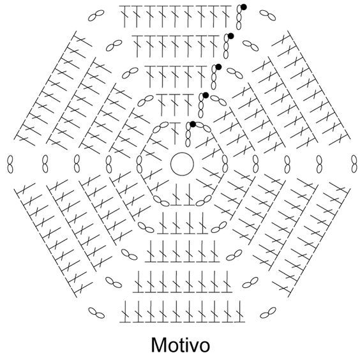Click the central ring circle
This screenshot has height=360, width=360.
pyautogui.click(x=182, y=153)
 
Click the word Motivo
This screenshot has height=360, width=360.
pyautogui.click(x=181, y=345)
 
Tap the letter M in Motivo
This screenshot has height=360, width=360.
pyautogui.click(x=159, y=345)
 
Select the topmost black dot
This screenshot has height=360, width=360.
pyautogui.click(x=244, y=8)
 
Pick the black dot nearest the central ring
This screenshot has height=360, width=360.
pyautogui.click(x=193, y=124)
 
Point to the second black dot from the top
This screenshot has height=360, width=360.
pyautogui.click(x=230, y=36)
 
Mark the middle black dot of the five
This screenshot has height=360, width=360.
pyautogui.click(x=218, y=67)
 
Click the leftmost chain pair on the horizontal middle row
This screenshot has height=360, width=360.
pyautogui.click(x=10, y=164)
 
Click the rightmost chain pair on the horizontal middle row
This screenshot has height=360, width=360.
pyautogui.click(x=354, y=164)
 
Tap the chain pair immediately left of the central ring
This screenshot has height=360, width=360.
pyautogui.click(x=139, y=164)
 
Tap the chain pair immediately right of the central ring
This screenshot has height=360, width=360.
pyautogui.click(x=225, y=164)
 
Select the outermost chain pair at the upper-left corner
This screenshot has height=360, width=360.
pyautogui.click(x=96, y=15)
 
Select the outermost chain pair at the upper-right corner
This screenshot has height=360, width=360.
pyautogui.click(x=267, y=15)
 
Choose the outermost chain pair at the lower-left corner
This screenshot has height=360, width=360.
pyautogui.click(x=96, y=313)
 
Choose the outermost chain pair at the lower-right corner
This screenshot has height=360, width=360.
pyautogui.click(x=268, y=313)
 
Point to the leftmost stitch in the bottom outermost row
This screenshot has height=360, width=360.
pyautogui.click(x=125, y=311)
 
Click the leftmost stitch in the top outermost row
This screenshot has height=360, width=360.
pyautogui.click(x=124, y=16)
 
